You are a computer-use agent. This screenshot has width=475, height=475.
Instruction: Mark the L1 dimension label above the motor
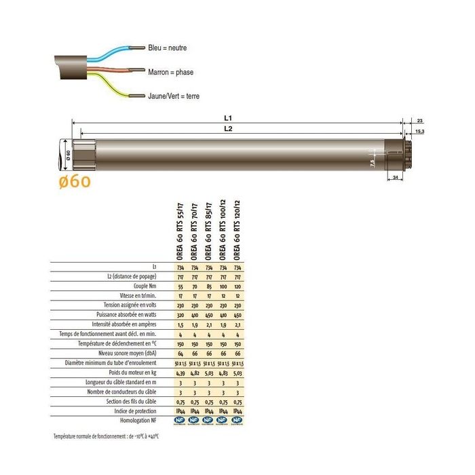point(238,118)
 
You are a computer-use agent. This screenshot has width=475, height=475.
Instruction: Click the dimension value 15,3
point(419,131)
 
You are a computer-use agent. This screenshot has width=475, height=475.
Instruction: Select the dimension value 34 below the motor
point(396,178)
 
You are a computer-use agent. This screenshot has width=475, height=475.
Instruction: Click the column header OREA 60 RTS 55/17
point(180,230)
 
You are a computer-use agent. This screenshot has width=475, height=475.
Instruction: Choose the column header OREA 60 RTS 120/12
point(237,230)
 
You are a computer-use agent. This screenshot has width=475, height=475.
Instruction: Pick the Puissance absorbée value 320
point(180,315)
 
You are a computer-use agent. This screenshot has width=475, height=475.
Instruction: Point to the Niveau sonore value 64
point(180,353)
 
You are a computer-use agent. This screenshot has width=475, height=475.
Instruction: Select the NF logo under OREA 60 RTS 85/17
point(208,421)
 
